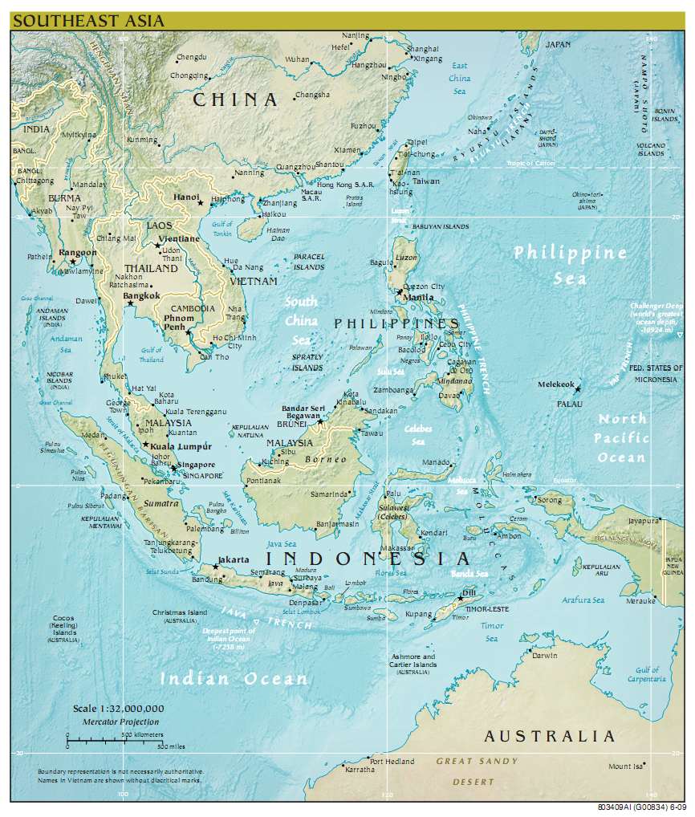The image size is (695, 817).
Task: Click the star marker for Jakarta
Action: [216, 567]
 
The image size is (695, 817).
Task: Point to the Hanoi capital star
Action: [201, 203]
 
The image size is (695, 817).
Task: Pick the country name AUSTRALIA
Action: [550, 736]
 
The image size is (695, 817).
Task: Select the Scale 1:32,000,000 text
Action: [118, 709]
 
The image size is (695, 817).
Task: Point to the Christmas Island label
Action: [180, 612]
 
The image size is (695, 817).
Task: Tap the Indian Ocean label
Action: [234, 679]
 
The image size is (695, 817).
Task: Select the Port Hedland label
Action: [392, 761]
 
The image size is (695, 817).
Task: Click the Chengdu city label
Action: [191, 57]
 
